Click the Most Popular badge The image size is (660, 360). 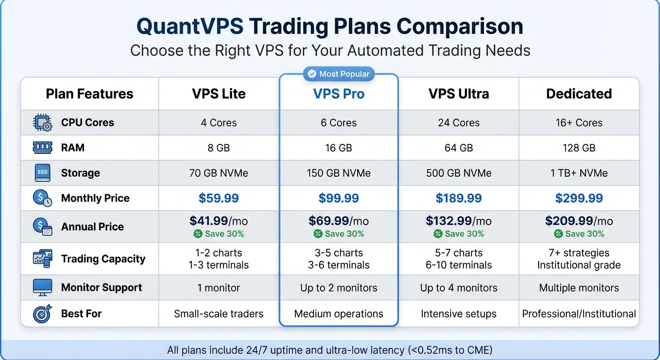coord(338,74)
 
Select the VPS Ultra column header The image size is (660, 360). coord(458,94)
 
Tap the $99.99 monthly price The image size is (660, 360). coord(338,198)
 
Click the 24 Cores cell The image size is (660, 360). coord(458,123)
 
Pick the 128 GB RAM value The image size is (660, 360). coord(579,148)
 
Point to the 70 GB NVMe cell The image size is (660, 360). coord(219,173)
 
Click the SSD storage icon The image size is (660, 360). coord(43,173)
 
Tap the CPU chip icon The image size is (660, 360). coord(43,123)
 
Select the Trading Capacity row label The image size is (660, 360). coord(103,259)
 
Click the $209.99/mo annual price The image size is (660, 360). coord(579,221)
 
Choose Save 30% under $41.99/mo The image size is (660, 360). coord(219,234)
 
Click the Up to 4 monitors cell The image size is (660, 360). coord(458,288)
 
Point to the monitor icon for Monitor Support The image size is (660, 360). coord(43,287)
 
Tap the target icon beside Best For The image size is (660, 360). coord(43,314)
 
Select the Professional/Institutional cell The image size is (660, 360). coord(579,314)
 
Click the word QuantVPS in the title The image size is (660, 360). coord(190,27)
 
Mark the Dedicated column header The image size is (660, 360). coord(579,94)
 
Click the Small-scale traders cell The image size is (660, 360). coord(219,314)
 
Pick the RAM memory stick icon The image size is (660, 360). coord(43,148)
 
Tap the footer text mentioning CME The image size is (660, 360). coord(330,350)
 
